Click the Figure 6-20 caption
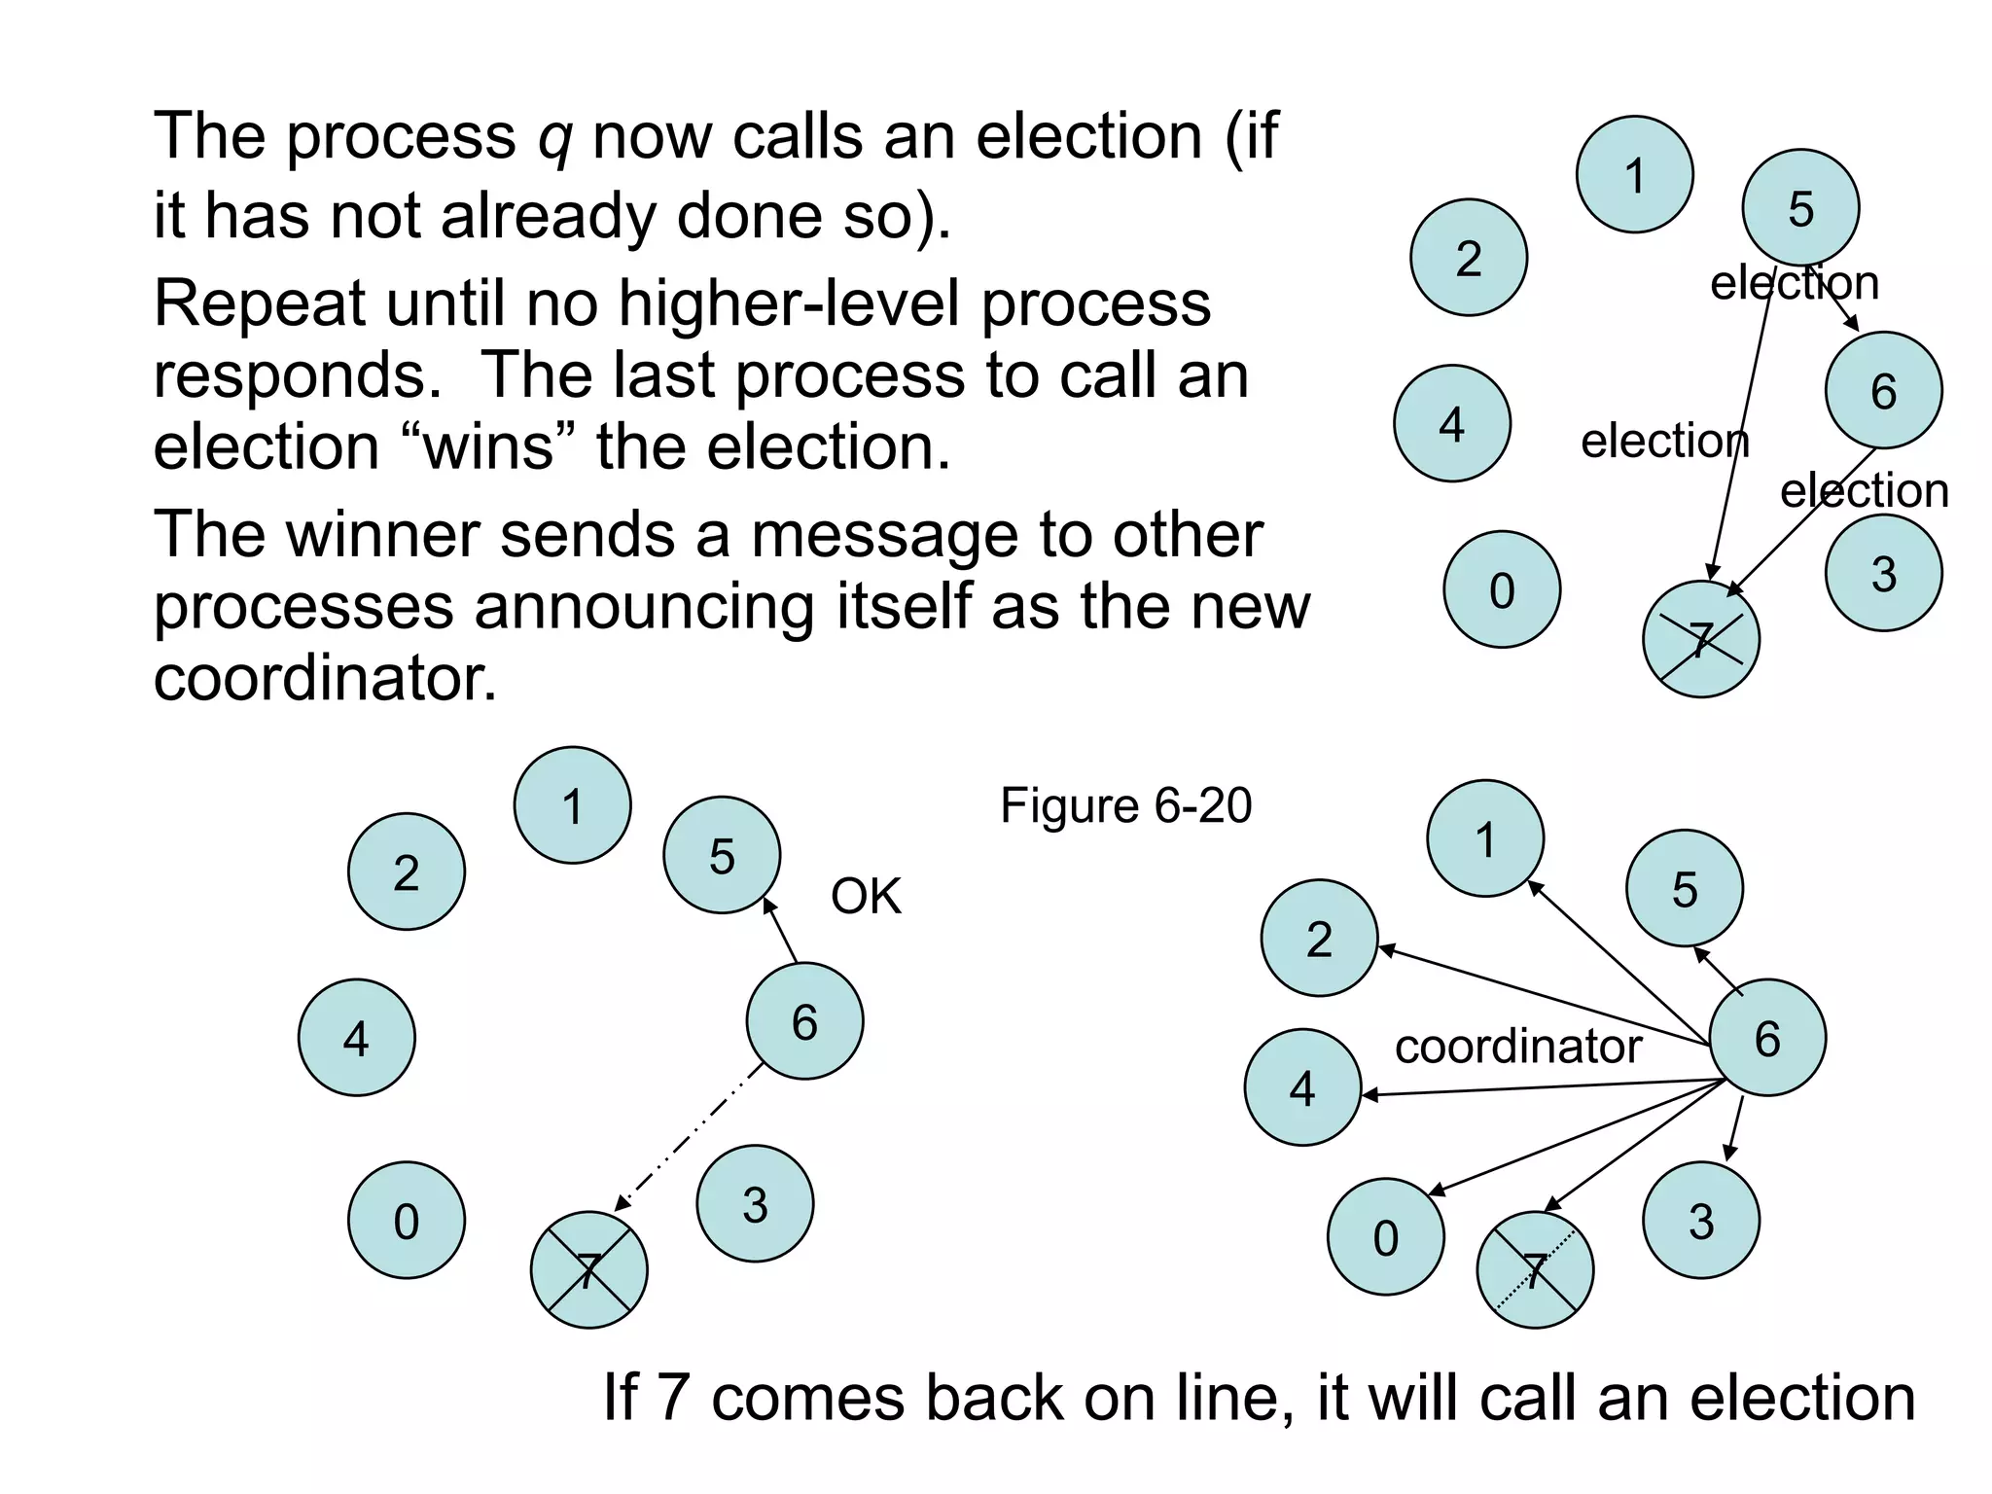pos(1125,806)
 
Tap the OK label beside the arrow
pos(866,896)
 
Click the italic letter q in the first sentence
pos(554,138)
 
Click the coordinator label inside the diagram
pos(1517,1048)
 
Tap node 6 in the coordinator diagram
pos(1767,1038)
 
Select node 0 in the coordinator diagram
pos(1385,1237)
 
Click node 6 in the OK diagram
pos(804,1021)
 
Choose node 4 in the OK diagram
pos(356,1038)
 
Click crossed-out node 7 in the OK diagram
pos(588,1270)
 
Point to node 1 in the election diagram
pos(1634,175)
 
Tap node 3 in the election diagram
pos(1883,574)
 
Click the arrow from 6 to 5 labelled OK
pos(780,931)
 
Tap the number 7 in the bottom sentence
pos(673,1399)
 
